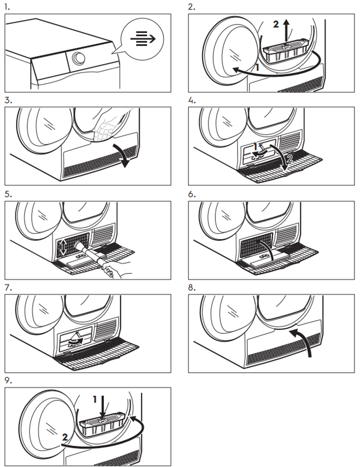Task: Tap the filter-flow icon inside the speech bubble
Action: [143, 39]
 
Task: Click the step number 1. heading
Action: [7, 7]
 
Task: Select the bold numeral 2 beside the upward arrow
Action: [276, 24]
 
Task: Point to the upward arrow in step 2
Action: [286, 30]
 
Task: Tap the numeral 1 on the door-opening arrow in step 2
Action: [257, 68]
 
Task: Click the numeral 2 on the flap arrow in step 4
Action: [290, 159]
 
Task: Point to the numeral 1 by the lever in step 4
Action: [256, 147]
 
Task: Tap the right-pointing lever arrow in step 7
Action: [75, 340]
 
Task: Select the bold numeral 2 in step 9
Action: [65, 437]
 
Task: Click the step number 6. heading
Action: [192, 195]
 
